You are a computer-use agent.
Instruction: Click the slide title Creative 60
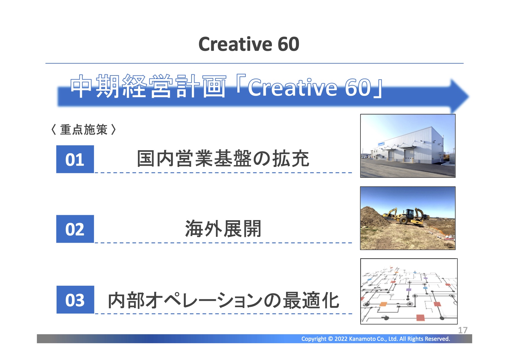(x=249, y=44)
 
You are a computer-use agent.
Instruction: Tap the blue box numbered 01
(x=75, y=159)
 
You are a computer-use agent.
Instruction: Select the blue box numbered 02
(x=75, y=229)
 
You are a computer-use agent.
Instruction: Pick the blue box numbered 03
(x=75, y=300)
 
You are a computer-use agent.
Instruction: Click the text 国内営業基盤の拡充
(x=223, y=159)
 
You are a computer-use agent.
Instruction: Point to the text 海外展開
(x=223, y=228)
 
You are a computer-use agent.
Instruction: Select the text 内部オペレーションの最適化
(x=223, y=300)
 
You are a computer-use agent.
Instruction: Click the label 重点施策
(x=84, y=129)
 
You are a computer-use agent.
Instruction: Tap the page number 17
(x=463, y=330)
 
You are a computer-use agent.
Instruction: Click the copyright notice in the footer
(x=376, y=339)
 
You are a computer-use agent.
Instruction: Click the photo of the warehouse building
(x=408, y=146)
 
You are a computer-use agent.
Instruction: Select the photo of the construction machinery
(x=408, y=218)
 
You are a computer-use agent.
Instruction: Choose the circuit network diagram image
(x=409, y=291)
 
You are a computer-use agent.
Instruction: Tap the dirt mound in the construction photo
(x=374, y=218)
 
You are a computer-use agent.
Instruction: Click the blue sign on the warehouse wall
(x=381, y=144)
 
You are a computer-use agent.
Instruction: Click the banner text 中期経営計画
(x=148, y=87)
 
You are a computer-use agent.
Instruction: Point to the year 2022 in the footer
(x=341, y=339)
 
